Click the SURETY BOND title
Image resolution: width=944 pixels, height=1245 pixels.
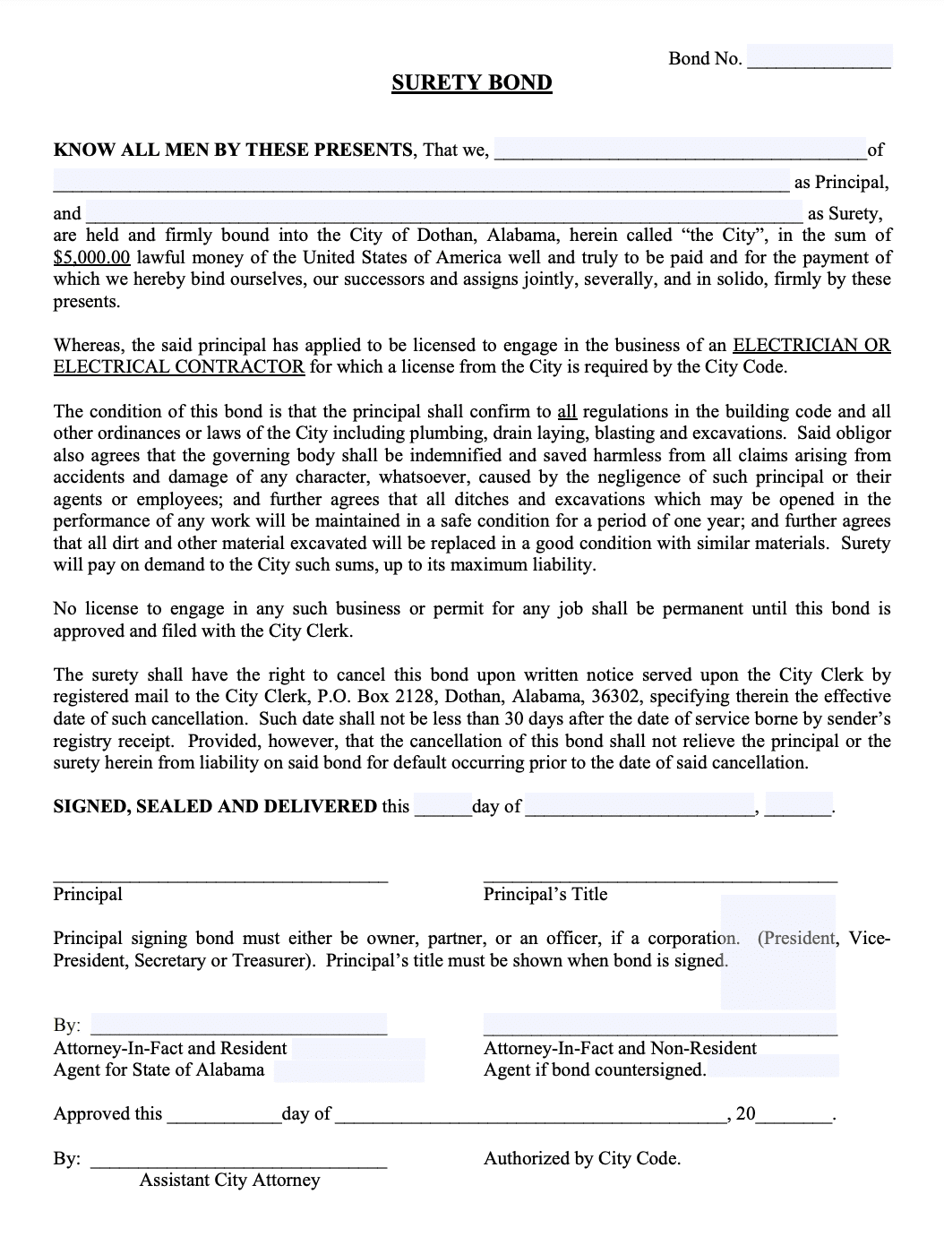471,83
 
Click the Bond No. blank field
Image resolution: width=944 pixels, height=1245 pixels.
819,58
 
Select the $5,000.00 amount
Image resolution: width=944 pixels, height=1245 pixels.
92,258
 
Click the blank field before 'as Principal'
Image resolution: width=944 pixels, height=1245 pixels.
421,183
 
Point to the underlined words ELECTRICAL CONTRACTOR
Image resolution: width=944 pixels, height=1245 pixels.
179,367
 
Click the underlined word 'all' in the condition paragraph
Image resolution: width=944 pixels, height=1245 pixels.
567,412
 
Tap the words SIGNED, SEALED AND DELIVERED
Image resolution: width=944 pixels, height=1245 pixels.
215,806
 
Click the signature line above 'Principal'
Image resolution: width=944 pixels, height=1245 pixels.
220,877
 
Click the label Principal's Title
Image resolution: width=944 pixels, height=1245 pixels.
545,895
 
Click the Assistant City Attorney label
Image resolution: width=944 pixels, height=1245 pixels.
229,1181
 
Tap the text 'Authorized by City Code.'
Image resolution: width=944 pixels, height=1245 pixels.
582,1159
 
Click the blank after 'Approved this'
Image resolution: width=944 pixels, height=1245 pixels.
223,1115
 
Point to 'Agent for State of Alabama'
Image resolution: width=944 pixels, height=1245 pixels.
159,1070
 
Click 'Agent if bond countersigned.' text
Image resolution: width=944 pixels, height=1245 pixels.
595,1070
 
